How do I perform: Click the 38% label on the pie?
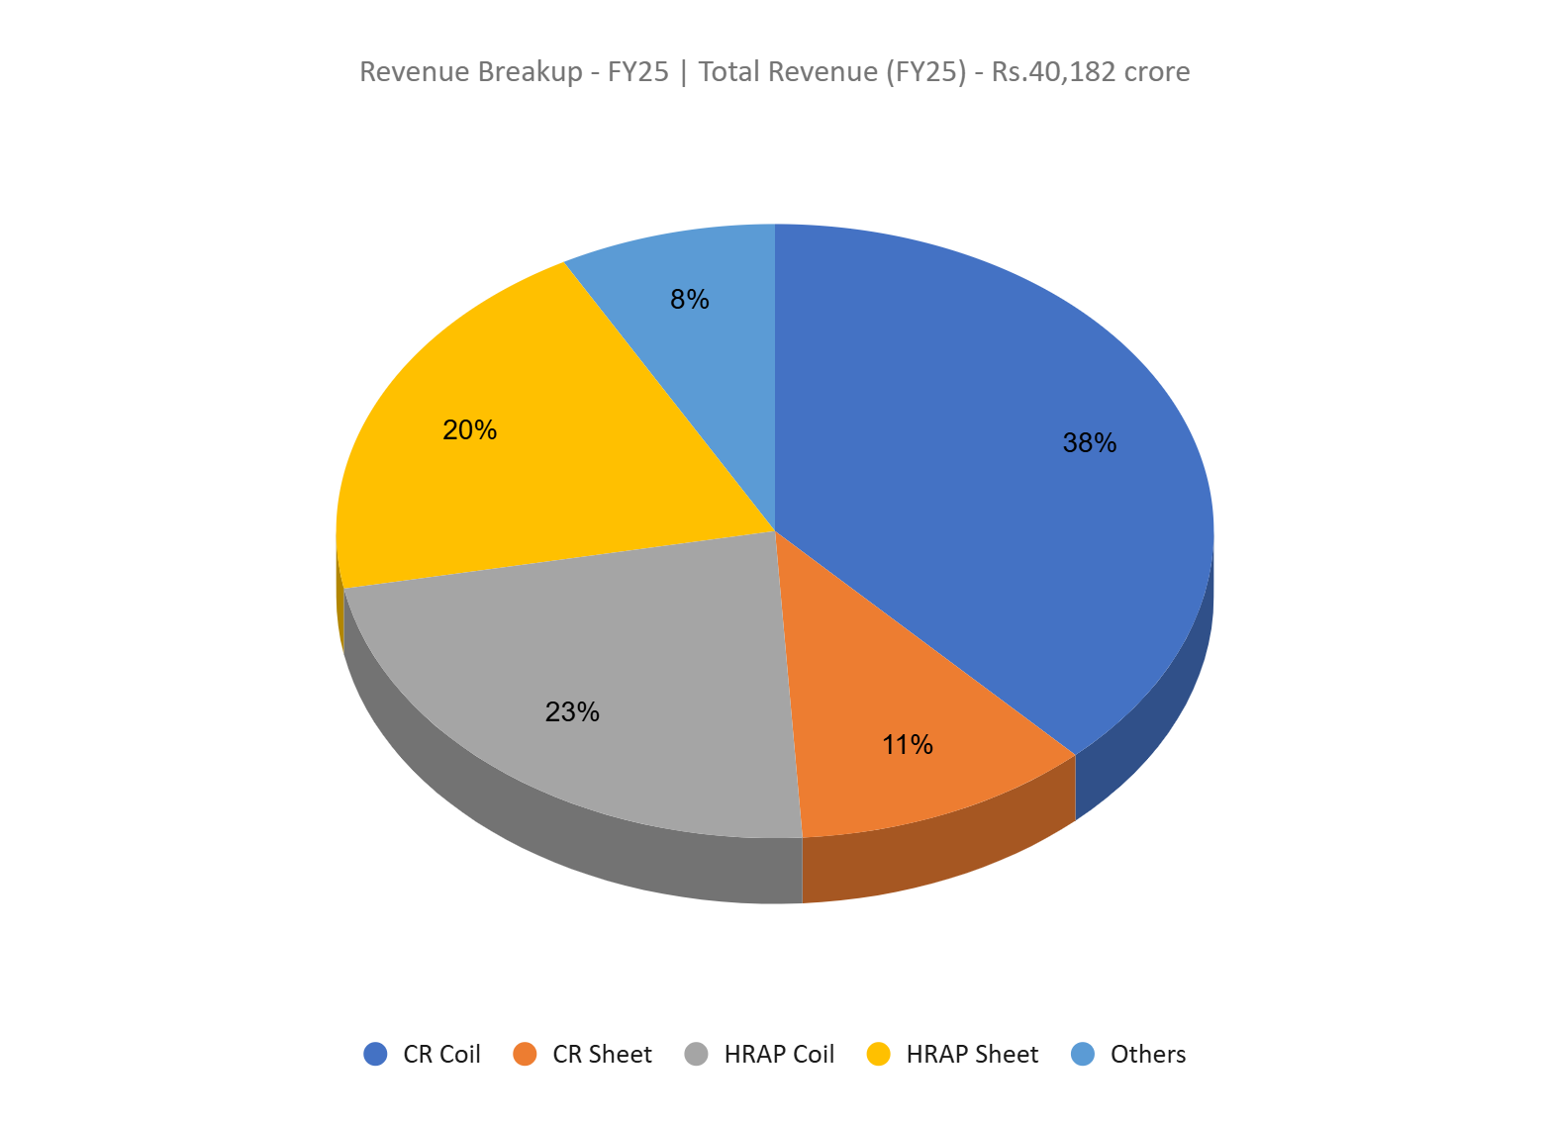[x=1089, y=443]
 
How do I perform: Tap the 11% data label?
[x=908, y=744]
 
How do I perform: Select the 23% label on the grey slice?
[x=572, y=711]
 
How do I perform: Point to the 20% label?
[x=469, y=429]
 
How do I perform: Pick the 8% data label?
[x=689, y=299]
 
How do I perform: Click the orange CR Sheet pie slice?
[x=891, y=693]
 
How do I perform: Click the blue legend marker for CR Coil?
[x=375, y=1054]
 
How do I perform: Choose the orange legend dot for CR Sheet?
[x=525, y=1054]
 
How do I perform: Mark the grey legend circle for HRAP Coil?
[x=696, y=1054]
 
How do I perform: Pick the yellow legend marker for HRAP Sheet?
[x=878, y=1054]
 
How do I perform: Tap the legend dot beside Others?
[x=1083, y=1054]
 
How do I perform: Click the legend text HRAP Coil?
[x=779, y=1055]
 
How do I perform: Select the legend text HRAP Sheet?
[x=972, y=1055]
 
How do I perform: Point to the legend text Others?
[x=1147, y=1055]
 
